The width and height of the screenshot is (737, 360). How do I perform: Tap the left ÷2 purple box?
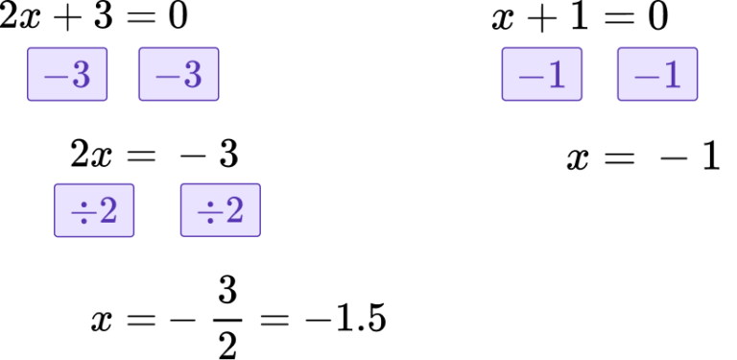[94, 209]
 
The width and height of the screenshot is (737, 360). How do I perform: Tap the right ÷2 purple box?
[220, 209]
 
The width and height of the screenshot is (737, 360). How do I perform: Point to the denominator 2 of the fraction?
[226, 344]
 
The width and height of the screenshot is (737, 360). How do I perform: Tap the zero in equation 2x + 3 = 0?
[178, 18]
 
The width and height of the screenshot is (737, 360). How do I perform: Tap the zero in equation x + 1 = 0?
[656, 18]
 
